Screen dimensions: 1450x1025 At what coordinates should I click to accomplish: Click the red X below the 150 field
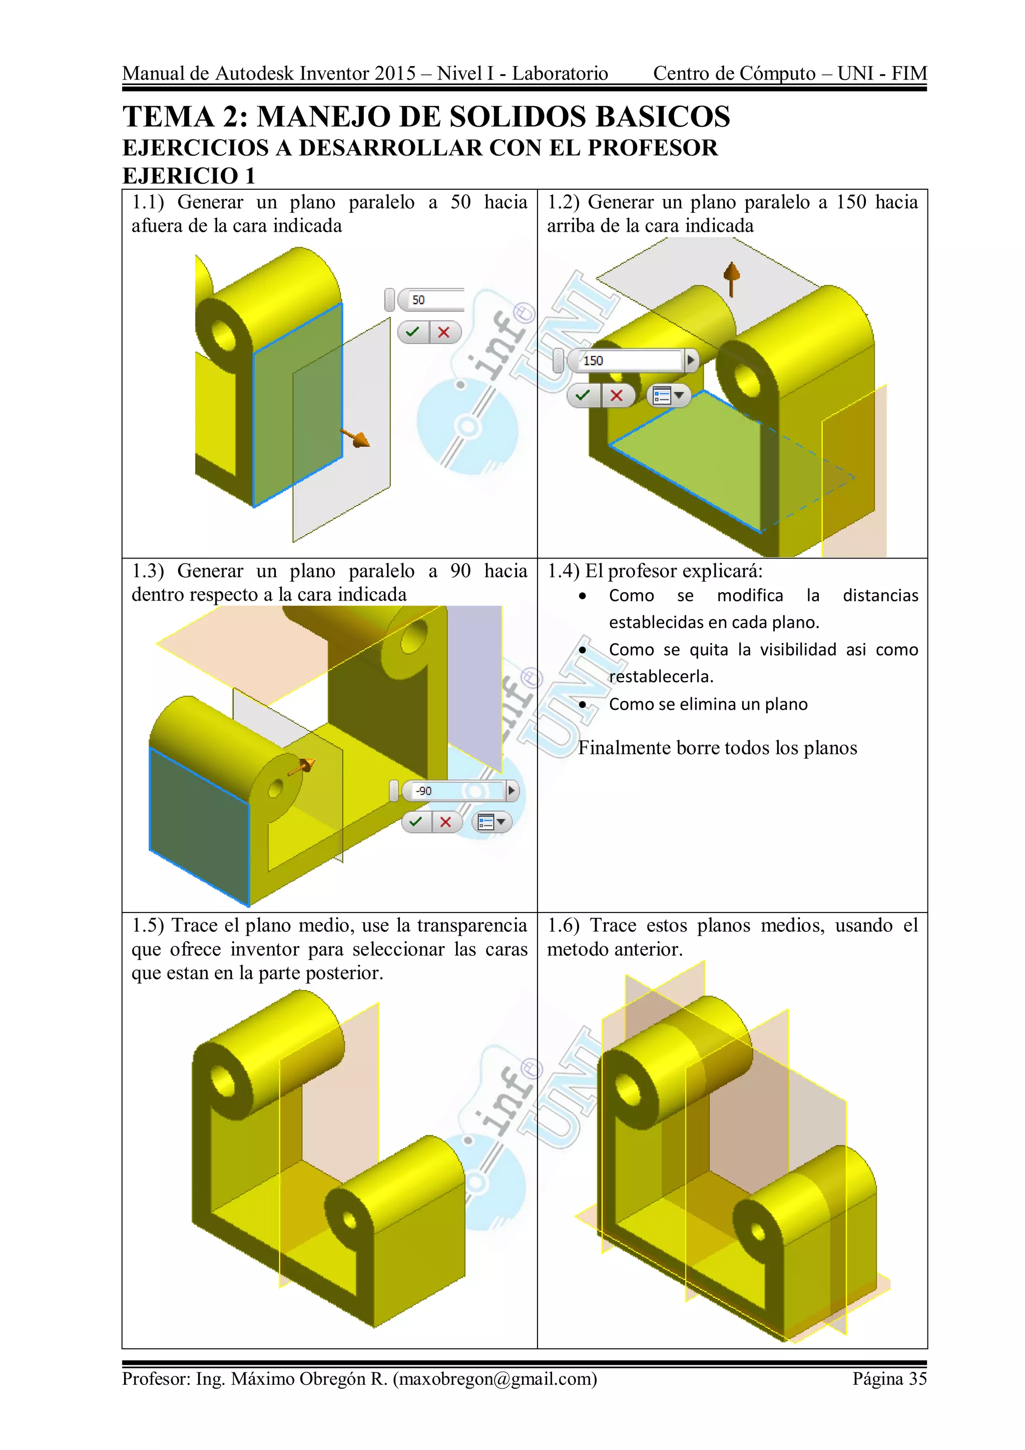(617, 395)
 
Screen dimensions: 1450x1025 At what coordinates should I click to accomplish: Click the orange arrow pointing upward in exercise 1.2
(731, 278)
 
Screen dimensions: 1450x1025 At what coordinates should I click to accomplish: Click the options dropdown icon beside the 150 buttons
(668, 396)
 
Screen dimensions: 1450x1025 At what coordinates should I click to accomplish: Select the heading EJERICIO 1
(189, 176)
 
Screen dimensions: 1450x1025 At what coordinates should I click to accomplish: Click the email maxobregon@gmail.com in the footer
(495, 1378)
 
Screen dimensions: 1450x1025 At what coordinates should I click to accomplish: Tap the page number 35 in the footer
(917, 1378)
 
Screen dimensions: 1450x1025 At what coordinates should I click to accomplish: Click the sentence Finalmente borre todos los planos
(717, 748)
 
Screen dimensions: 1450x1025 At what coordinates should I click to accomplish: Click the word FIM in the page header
(909, 74)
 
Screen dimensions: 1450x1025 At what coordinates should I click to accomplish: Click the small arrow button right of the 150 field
(690, 360)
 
